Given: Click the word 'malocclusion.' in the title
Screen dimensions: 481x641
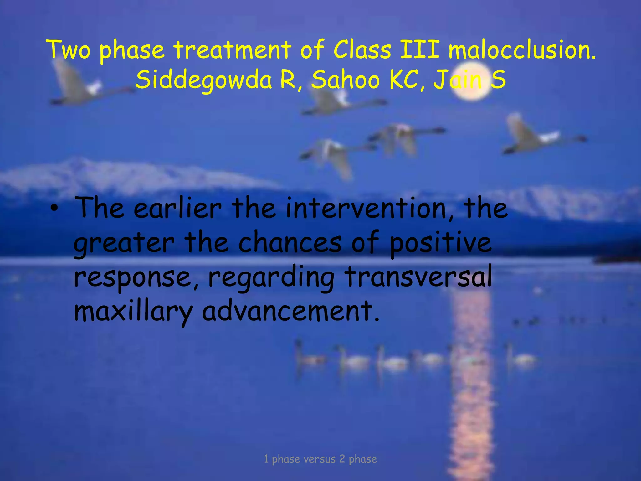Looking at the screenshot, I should coord(522,50).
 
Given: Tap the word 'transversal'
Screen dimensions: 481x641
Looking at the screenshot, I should coord(418,277).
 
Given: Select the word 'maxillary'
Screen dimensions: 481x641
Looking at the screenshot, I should coord(133,311).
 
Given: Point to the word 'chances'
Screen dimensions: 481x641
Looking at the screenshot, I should coord(290,243).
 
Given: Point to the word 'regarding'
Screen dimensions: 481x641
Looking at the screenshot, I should coord(271,277).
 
